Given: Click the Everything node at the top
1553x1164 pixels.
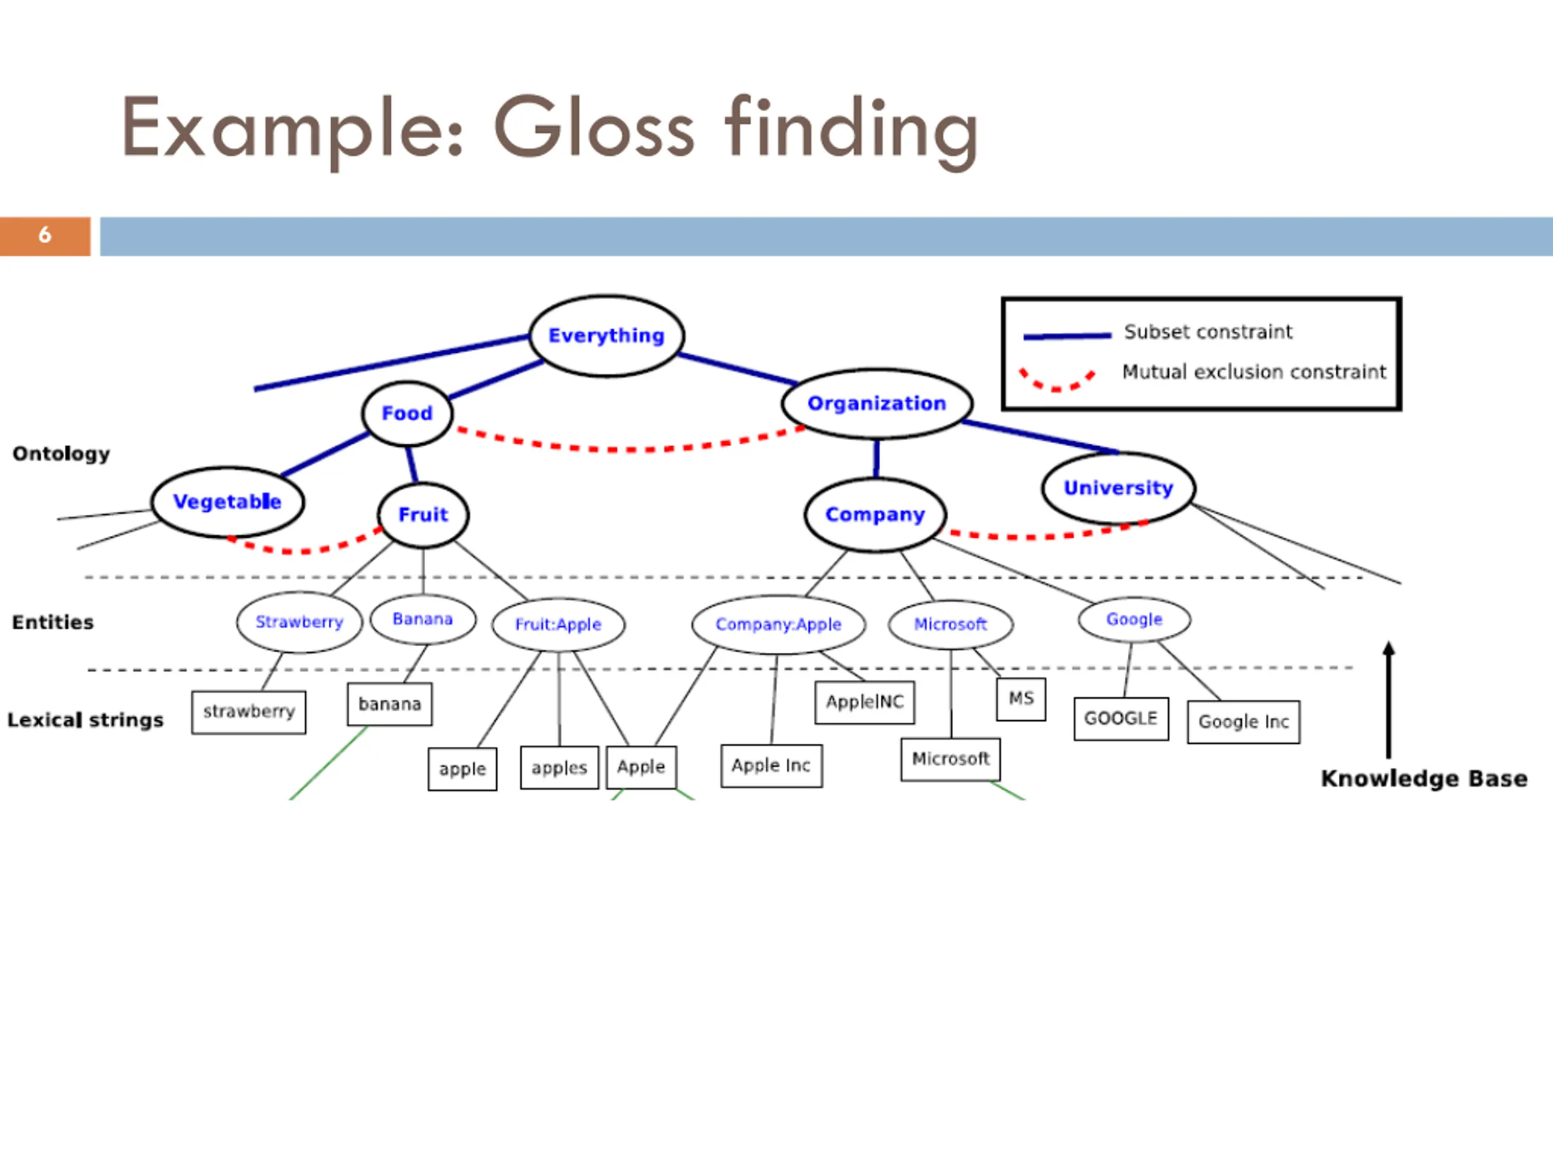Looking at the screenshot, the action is click(x=607, y=336).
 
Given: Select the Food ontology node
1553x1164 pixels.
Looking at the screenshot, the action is click(x=407, y=413).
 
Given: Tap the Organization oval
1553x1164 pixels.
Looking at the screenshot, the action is click(x=877, y=403).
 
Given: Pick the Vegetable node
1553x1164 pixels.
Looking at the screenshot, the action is click(x=227, y=501).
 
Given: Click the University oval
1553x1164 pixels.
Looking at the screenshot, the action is click(x=1119, y=487).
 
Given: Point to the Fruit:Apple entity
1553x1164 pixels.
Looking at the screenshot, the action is click(x=558, y=624).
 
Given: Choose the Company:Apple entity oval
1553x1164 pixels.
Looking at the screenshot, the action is click(x=778, y=624).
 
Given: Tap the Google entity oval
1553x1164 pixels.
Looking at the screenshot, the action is click(x=1134, y=620).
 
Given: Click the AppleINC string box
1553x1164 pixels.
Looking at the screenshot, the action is click(x=864, y=701).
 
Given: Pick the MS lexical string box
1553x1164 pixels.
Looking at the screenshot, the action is click(x=1021, y=699).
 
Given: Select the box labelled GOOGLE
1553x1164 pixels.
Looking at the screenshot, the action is click(x=1121, y=718).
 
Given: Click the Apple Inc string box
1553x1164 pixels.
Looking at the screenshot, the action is click(x=772, y=766).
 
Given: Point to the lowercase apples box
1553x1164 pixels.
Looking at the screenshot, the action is click(x=559, y=768).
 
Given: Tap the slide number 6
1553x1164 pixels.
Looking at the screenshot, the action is click(x=45, y=236).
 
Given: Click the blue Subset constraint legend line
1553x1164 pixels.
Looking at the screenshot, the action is click(x=1067, y=336).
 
